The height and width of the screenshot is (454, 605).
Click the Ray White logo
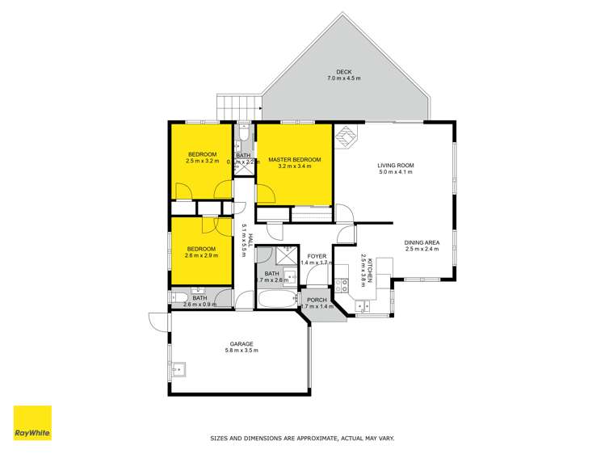pos(32,422)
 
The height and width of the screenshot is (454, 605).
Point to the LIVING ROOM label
pos(396,166)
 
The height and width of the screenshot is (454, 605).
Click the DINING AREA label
pos(422,242)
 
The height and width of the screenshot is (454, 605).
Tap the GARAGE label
pos(242,343)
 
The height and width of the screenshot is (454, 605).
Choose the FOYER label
pos(317,256)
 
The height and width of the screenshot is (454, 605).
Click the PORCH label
pos(317,300)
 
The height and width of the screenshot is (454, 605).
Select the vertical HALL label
pos(250,240)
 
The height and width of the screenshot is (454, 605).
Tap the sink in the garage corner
pos(183,371)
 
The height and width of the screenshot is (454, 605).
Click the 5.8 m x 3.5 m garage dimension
pos(242,351)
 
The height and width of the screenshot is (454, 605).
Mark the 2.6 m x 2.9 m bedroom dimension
pos(201,255)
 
